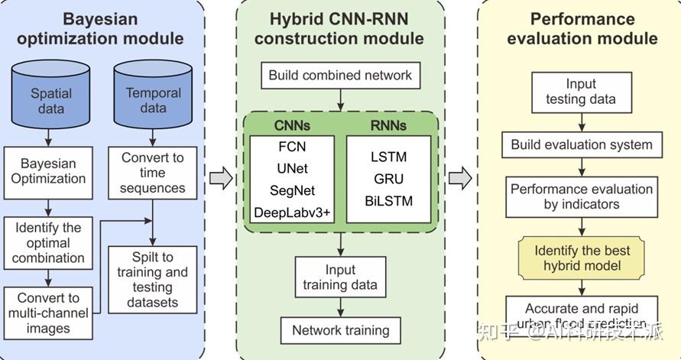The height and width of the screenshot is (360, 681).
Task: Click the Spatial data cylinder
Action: click(51, 98)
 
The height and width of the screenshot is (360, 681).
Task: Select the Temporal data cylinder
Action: click(153, 96)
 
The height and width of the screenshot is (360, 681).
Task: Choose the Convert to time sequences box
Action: click(153, 172)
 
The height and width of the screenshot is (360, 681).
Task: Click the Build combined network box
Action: click(340, 75)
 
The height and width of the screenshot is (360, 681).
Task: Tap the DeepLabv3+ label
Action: click(292, 211)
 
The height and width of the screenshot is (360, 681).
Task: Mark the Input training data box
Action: click(340, 277)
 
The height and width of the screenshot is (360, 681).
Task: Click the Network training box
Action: click(340, 330)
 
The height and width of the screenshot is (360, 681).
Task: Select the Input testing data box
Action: click(580, 92)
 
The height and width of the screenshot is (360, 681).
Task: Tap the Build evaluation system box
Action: click(581, 144)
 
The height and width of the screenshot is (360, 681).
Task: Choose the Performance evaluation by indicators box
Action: click(581, 196)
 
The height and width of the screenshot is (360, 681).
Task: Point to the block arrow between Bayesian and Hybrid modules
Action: click(220, 179)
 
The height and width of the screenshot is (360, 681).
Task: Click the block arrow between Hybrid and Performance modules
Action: click(460, 179)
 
